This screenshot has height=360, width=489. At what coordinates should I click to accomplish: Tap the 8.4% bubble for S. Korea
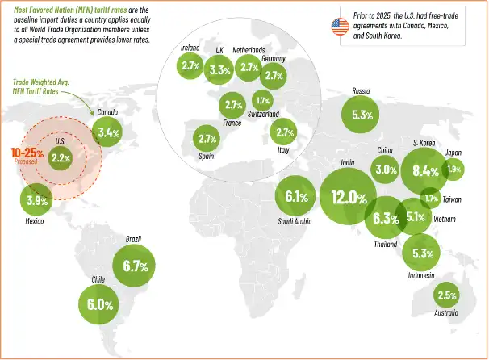(x=425, y=170)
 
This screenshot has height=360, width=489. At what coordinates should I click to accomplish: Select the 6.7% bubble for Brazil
(x=134, y=265)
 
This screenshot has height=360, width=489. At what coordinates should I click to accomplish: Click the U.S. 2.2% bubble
(x=61, y=158)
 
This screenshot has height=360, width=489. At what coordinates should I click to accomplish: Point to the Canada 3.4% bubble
(x=108, y=132)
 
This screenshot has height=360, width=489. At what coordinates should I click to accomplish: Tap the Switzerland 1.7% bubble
(x=262, y=100)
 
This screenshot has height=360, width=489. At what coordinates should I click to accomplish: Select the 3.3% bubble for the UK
(x=219, y=70)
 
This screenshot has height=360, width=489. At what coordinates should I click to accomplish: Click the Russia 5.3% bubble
(x=362, y=115)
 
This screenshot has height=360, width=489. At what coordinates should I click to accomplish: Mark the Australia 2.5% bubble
(x=447, y=295)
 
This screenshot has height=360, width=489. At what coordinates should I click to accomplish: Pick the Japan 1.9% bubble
(x=453, y=169)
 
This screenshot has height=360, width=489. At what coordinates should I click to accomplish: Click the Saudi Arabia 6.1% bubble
(x=297, y=196)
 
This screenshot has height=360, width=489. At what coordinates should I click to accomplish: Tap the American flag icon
(x=338, y=27)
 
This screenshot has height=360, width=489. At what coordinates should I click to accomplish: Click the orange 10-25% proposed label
(x=26, y=154)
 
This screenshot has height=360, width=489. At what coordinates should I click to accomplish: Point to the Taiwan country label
(x=452, y=199)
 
